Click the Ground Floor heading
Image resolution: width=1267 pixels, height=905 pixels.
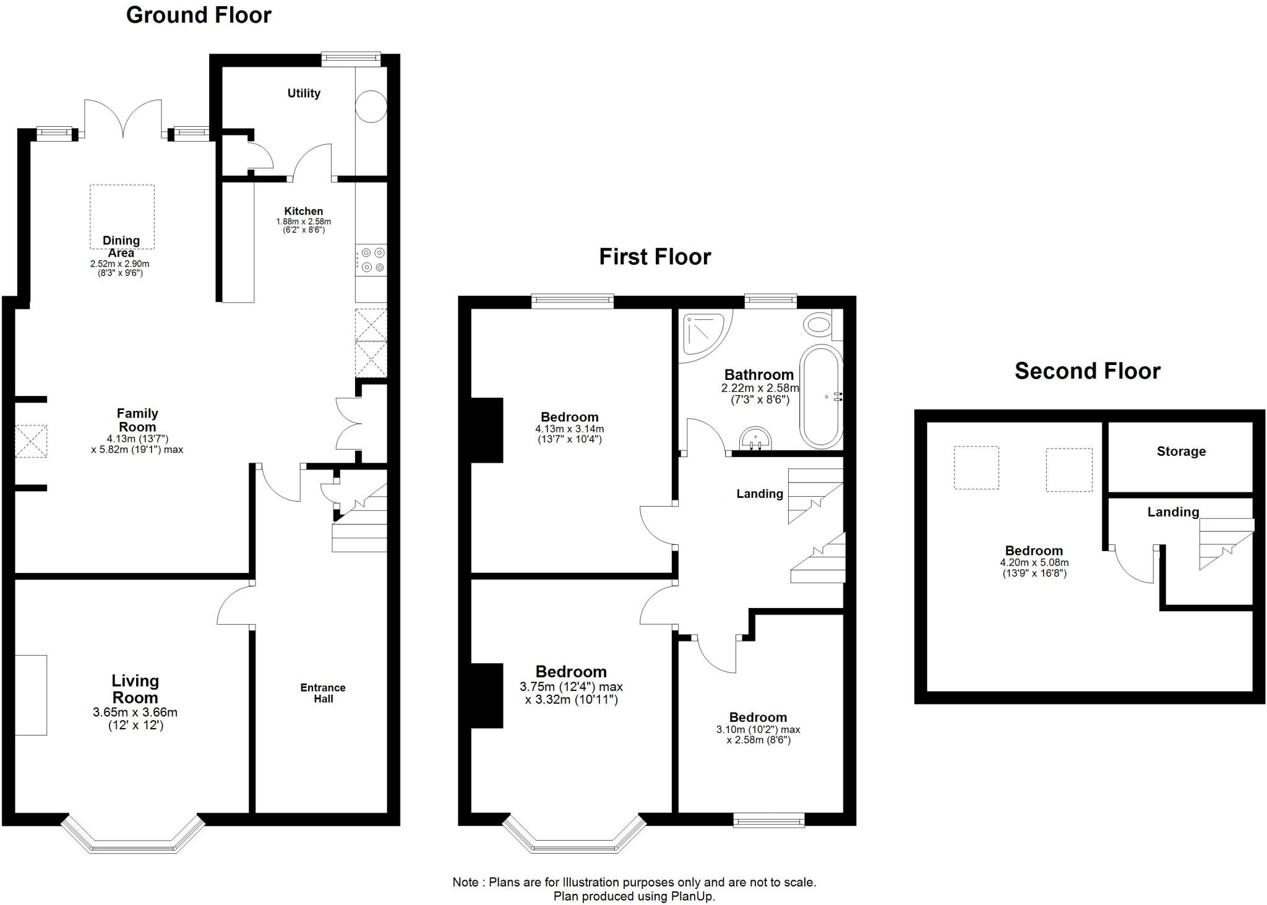coord(199,15)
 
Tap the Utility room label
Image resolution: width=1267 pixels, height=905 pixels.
coord(304,93)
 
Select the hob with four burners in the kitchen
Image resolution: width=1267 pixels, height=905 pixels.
coord(371,260)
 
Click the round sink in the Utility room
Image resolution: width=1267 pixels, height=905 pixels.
coord(371,106)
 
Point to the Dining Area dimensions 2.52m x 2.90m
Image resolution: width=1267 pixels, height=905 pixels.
coord(120,264)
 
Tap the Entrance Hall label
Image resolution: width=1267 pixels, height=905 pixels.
coord(323,693)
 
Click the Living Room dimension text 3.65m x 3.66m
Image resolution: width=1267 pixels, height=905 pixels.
coord(135,713)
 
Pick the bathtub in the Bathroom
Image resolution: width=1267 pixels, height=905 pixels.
coord(821,396)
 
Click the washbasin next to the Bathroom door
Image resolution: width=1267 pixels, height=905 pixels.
coord(755,438)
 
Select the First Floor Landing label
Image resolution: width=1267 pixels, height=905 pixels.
coord(760,494)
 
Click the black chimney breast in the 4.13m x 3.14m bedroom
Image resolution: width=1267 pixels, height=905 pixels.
coord(487,430)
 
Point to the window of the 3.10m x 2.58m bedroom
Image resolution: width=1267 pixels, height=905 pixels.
coord(769,821)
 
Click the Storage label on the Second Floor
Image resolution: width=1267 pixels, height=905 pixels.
coord(1181,452)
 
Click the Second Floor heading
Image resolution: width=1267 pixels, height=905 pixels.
coord(1087,371)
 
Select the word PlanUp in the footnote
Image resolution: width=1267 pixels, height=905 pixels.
coord(692,896)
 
